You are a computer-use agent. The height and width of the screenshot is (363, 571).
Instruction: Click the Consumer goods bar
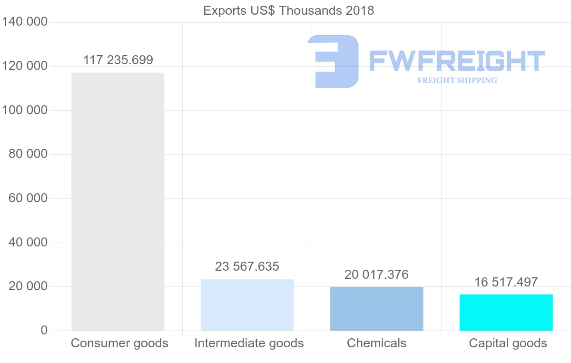pos(118,201)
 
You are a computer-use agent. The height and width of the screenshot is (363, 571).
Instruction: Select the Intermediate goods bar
pos(247,304)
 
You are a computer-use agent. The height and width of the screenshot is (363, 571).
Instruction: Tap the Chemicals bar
pos(376,308)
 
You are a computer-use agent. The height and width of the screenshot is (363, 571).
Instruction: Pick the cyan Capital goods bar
pos(506,312)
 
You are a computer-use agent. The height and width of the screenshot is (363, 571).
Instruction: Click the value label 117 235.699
pos(118,60)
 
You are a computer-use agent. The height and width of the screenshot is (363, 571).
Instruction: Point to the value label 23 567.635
pos(247,266)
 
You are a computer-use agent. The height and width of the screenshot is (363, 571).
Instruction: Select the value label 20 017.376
pos(376,275)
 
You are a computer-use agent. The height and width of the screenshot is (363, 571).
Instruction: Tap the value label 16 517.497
pos(506,282)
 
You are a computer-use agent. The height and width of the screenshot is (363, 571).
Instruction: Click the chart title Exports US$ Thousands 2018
pos(288,10)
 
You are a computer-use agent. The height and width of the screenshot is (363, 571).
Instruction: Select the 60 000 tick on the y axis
pos(28,198)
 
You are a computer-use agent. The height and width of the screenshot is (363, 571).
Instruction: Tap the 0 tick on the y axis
pos(44,331)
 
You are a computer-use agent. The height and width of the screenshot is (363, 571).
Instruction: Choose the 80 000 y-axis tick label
pos(28,155)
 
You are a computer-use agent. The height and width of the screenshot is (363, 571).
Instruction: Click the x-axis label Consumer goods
pos(119,343)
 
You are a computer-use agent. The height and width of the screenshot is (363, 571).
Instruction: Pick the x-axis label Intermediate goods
pos(249,343)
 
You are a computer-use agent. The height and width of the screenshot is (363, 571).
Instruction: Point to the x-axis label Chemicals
pos(376,343)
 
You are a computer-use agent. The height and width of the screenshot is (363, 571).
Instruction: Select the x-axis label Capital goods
pos(508,343)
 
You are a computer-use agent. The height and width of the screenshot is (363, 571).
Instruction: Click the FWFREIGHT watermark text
pos(457,61)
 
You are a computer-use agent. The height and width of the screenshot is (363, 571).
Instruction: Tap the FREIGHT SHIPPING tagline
pos(457,80)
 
